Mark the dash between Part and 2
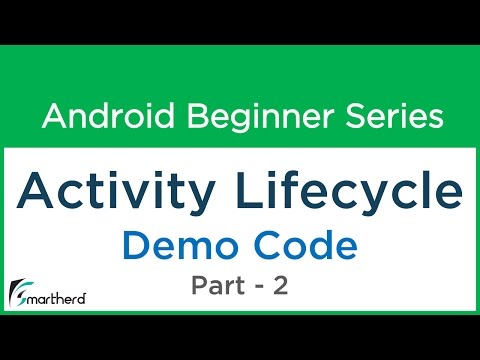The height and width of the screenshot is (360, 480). point(262,288)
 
